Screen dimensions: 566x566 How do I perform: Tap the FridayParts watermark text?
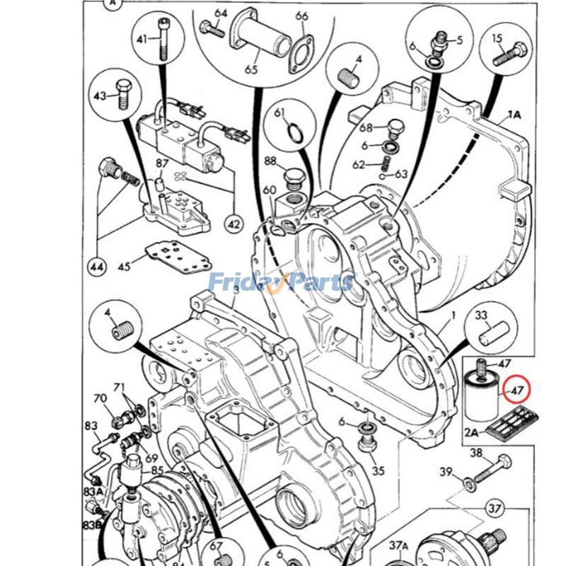coord(281,282)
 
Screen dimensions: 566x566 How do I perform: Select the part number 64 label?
coord(221,13)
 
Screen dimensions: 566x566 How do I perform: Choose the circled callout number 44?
coord(97,267)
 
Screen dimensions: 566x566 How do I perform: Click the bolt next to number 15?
coord(510,55)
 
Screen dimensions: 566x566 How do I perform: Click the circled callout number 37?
coord(495,507)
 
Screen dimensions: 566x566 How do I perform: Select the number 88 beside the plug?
coord(270,161)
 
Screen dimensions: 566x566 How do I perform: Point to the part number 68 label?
coord(365,128)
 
